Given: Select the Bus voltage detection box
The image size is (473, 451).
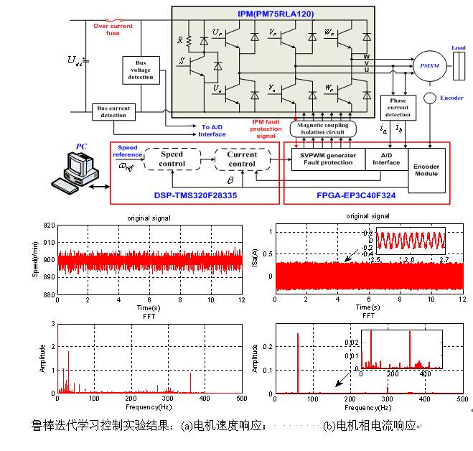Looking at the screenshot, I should pyautogui.click(x=141, y=70).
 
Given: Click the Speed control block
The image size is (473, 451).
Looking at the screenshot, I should pyautogui.click(x=172, y=159).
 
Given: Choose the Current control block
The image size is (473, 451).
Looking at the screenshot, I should pyautogui.click(x=241, y=159).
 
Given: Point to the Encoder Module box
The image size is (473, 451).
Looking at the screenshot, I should pyautogui.click(x=427, y=170).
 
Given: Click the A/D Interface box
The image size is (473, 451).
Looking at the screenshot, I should pyautogui.click(x=386, y=159).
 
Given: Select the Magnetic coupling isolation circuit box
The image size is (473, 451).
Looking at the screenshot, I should pyautogui.click(x=322, y=129).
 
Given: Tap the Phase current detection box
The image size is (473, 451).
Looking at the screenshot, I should pyautogui.click(x=398, y=108).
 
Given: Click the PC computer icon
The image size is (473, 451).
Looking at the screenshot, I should pyautogui.click(x=77, y=172).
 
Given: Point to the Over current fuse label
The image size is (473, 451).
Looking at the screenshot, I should pyautogui.click(x=113, y=29).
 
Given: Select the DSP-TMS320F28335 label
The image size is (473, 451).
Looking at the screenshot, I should pyautogui.click(x=195, y=195).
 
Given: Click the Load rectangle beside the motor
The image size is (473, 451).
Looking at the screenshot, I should pyautogui.click(x=459, y=66).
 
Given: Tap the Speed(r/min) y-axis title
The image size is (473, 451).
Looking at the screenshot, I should pyautogui.click(x=36, y=260).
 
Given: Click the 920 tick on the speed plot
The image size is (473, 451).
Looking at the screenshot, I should pyautogui.click(x=49, y=225).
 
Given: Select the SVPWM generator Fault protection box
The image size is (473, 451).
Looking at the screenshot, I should pyautogui.click(x=328, y=159).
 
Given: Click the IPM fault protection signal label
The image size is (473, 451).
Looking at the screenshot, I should pyautogui.click(x=266, y=129).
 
